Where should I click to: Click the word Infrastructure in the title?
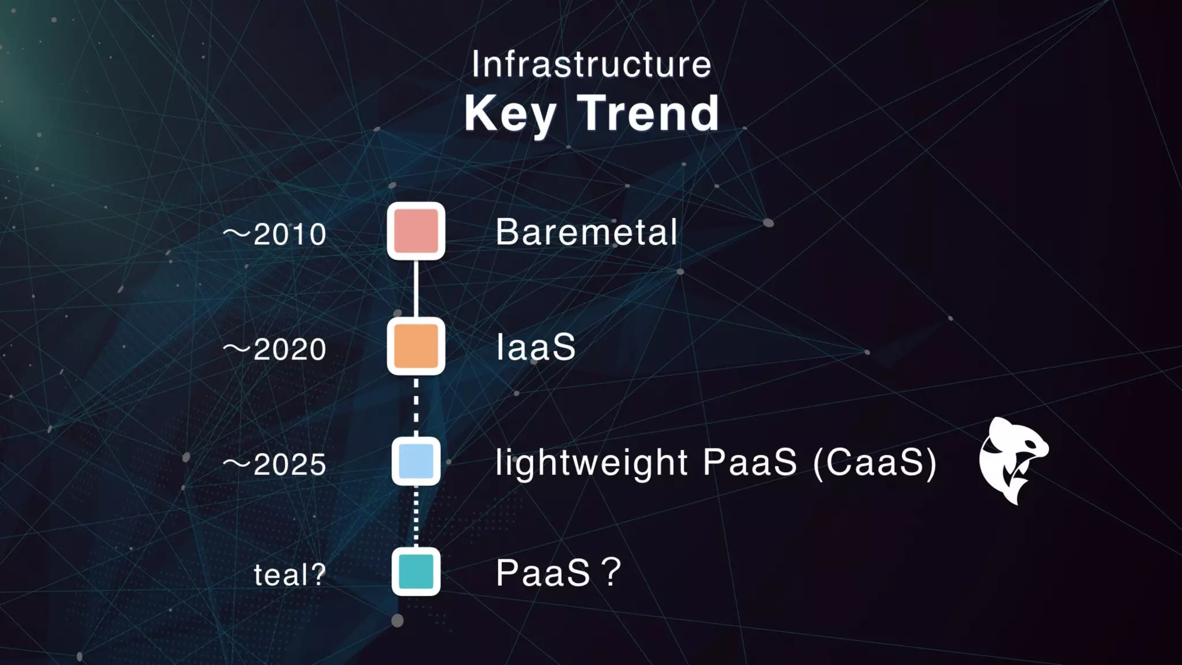[x=591, y=64]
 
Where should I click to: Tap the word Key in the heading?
[x=510, y=114]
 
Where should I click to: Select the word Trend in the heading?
[x=648, y=114]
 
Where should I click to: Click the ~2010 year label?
[x=275, y=234]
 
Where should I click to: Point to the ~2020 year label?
[x=275, y=349]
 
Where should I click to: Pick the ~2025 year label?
[x=275, y=465]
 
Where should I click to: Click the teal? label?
[x=290, y=574]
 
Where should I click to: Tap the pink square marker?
[x=416, y=231]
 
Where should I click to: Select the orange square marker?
[x=416, y=346]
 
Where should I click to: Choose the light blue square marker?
[x=416, y=461]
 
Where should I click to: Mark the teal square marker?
[x=416, y=571]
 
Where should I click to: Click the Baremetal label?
[x=586, y=232]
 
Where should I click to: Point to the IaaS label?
[x=536, y=347]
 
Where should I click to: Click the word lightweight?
[x=592, y=463]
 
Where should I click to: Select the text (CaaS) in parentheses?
[x=874, y=463]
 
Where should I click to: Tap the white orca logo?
[x=1013, y=460]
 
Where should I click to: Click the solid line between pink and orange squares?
[x=416, y=289]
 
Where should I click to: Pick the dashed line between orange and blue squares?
[x=416, y=406]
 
